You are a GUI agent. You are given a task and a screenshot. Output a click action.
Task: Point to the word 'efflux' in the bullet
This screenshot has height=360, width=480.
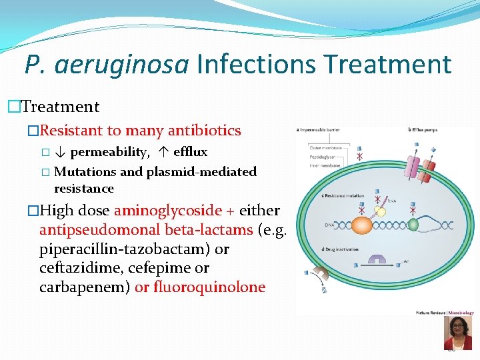pos(191,152)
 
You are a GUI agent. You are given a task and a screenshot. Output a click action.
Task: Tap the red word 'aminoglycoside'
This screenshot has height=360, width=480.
pos(168,211)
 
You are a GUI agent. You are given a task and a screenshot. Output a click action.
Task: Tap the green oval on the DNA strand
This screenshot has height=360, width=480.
pos(413,225)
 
